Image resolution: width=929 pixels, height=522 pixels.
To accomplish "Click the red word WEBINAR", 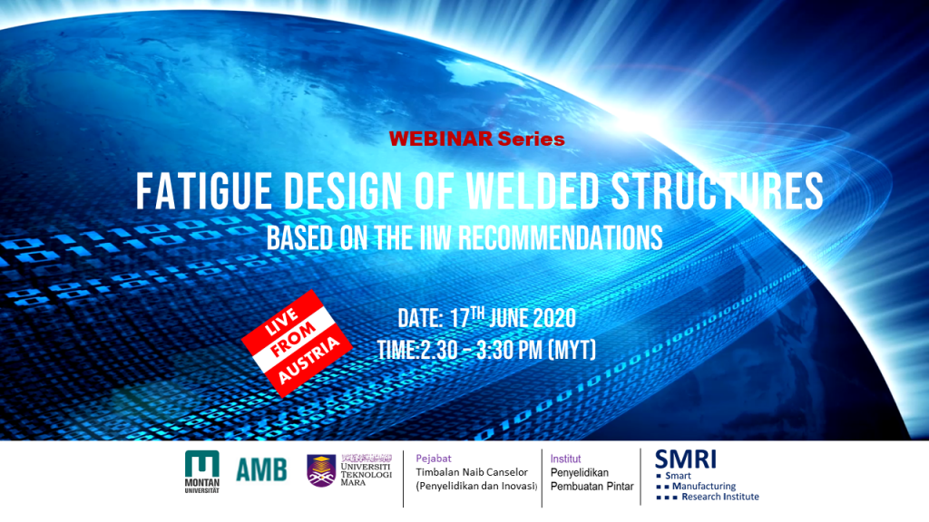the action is point(441,139).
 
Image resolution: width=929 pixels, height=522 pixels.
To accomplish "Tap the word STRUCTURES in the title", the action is point(717,191).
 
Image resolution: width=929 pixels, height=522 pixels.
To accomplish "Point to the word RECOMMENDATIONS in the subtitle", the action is point(560,238).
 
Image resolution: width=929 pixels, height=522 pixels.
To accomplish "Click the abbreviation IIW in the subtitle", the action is point(435,238).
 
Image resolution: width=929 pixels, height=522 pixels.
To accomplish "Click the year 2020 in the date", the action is point(554,318).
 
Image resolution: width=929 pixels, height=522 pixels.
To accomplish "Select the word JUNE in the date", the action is point(508,318).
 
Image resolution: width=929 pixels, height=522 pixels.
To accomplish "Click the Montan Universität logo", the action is point(202,472).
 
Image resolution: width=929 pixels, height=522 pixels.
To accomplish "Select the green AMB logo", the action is point(261,470).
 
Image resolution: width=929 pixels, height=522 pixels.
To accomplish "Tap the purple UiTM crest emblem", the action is point(321,470).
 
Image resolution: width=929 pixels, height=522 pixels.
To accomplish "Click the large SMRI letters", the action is point(686,459).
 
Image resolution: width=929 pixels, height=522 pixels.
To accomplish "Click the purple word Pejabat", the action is point(433,458).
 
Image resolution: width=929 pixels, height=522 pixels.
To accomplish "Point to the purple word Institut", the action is point(565,459).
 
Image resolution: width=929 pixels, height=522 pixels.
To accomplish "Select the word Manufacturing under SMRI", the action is point(704,486).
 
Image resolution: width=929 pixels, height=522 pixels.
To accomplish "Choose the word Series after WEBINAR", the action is point(532,139).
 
